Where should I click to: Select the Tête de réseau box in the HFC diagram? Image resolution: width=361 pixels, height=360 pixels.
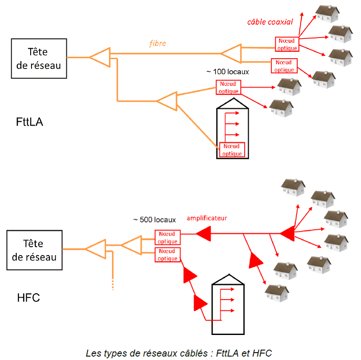(x=35, y=251)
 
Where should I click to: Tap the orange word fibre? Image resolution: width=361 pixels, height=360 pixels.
(x=157, y=44)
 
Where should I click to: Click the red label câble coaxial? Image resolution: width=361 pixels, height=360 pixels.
(x=270, y=22)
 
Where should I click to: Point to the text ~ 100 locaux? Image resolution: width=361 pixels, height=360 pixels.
(x=228, y=71)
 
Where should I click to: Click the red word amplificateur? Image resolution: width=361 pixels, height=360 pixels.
(x=207, y=218)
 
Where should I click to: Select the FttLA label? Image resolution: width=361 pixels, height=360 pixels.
(x=30, y=122)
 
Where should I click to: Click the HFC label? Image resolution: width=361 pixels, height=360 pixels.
(x=28, y=297)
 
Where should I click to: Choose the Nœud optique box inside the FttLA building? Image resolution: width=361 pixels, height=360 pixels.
(x=232, y=150)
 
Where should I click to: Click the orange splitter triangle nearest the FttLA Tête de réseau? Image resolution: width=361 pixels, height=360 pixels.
(x=100, y=57)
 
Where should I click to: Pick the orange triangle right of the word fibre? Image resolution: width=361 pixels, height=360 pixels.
(x=231, y=53)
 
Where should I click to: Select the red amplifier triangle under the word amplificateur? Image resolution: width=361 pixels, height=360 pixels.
(x=203, y=234)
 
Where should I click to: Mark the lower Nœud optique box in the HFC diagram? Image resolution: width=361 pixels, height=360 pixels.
(x=168, y=255)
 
